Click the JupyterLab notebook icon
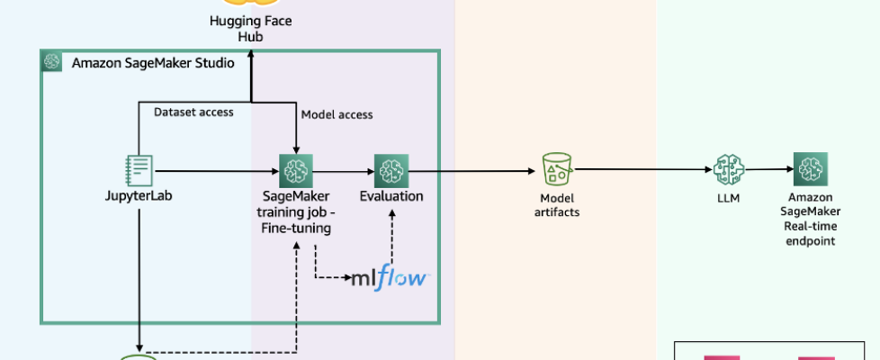(x=139, y=170)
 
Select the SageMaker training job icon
(x=295, y=170)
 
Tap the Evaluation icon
(x=391, y=170)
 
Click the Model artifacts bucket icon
(x=557, y=170)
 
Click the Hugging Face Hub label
(x=251, y=29)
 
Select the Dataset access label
(x=193, y=112)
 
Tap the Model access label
(x=337, y=114)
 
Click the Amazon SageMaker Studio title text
(x=153, y=63)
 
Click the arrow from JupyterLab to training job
(x=216, y=170)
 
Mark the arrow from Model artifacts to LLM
(x=639, y=169)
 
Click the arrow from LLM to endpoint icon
(x=769, y=169)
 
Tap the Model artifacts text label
(x=557, y=204)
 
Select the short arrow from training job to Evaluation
(x=343, y=170)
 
